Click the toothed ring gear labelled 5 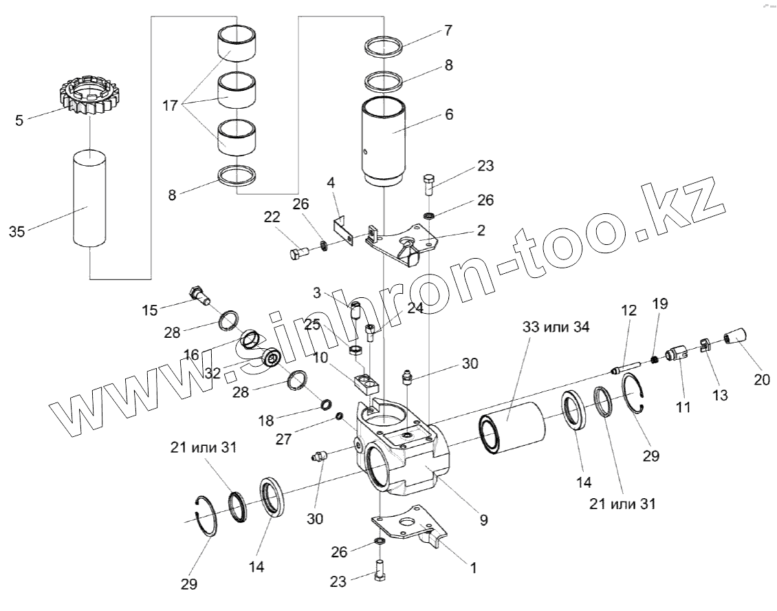click(x=90, y=99)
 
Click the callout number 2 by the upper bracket click(x=481, y=231)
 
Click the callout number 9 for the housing click(x=484, y=521)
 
